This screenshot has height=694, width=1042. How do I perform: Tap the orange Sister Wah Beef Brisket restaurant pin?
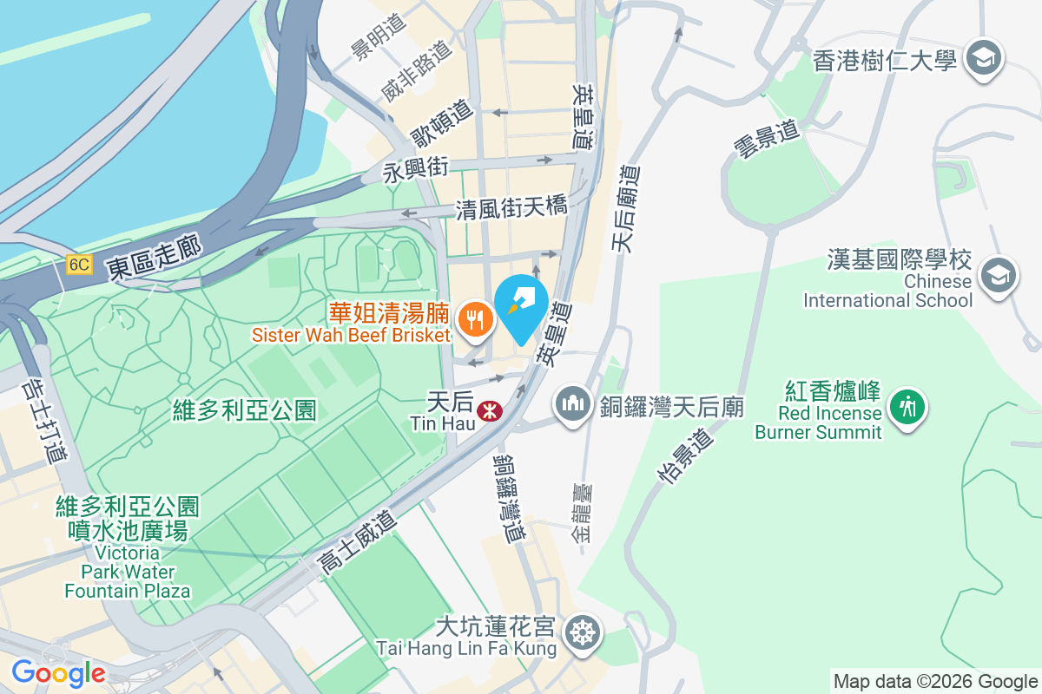pyautogui.click(x=474, y=319)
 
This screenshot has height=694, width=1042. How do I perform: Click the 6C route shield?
pyautogui.click(x=78, y=265)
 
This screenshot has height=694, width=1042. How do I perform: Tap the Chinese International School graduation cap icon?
pyautogui.click(x=997, y=277)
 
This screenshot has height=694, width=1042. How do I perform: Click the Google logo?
pyautogui.click(x=58, y=672)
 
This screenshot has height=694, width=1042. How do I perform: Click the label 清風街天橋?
pyautogui.click(x=511, y=208)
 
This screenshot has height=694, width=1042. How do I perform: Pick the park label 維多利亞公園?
pyautogui.click(x=245, y=409)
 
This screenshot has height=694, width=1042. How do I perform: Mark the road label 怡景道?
pyautogui.click(x=686, y=457)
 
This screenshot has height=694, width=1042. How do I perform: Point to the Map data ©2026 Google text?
pyautogui.click(x=935, y=681)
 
